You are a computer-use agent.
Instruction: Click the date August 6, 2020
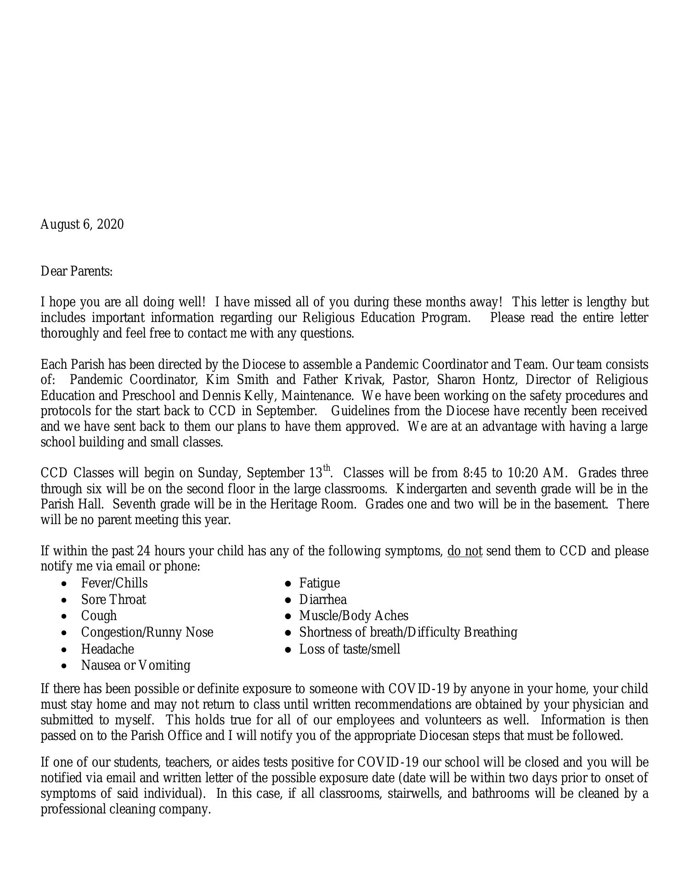click(x=82, y=225)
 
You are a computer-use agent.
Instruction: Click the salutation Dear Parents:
click(x=77, y=271)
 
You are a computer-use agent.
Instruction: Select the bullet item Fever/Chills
click(x=114, y=583)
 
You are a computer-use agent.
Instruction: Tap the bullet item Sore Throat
click(x=113, y=599)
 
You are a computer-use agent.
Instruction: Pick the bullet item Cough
click(x=99, y=616)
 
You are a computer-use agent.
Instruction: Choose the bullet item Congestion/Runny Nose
click(x=147, y=632)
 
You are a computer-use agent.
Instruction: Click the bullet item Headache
click(x=107, y=649)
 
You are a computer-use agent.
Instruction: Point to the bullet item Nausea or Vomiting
click(x=136, y=665)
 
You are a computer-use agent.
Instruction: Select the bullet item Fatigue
click(x=319, y=583)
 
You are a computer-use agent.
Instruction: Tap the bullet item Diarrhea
click(x=322, y=599)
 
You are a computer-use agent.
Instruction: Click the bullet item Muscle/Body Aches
click(x=353, y=616)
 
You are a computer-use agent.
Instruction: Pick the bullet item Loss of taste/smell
click(x=350, y=649)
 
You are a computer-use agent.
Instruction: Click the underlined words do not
click(x=464, y=551)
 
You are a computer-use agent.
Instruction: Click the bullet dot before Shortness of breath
click(x=288, y=633)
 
